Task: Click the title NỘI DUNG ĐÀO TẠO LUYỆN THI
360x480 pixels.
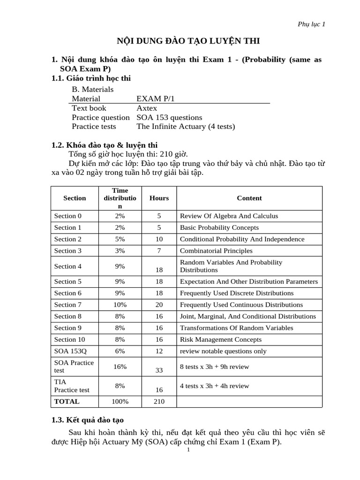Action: [187, 41]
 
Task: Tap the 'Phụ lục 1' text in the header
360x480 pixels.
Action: [312, 24]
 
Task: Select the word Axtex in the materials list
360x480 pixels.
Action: [147, 108]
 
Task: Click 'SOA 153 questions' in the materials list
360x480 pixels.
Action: [169, 117]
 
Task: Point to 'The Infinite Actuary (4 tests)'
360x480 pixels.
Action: [186, 127]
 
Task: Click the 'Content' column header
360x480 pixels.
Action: [249, 198]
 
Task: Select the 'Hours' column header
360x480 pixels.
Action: [159, 198]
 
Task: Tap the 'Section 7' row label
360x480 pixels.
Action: [67, 305]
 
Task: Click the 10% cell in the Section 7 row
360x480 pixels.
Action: [120, 305]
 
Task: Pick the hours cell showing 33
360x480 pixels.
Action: [159, 370]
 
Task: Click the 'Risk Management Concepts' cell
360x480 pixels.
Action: [221, 339]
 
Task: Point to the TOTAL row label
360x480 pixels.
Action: [67, 401]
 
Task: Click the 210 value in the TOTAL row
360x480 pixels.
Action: [159, 401]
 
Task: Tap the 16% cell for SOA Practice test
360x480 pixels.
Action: [120, 367]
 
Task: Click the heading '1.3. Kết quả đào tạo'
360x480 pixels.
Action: [88, 420]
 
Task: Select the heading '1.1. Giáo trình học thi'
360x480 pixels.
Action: [91, 78]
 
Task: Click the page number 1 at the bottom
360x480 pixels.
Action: [188, 450]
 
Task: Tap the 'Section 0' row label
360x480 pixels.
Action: [67, 216]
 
